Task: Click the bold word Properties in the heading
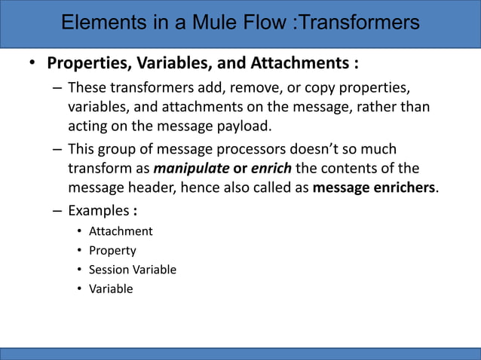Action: click(x=87, y=61)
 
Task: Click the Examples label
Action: click(x=95, y=209)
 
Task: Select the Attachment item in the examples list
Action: click(x=121, y=231)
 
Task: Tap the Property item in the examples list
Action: click(x=112, y=250)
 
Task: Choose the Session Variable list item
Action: click(x=133, y=270)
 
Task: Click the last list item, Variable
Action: click(x=111, y=288)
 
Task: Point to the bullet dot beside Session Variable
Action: click(x=78, y=270)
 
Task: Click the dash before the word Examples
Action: click(x=57, y=209)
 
